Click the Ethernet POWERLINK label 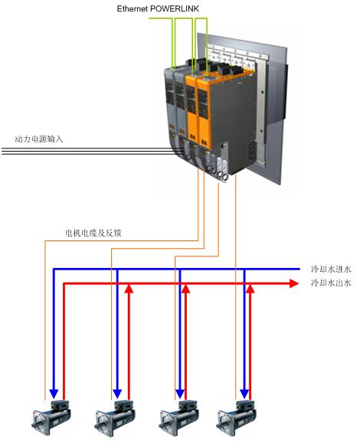pos(158,8)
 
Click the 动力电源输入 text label pos(38,139)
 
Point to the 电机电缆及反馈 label pos(93,233)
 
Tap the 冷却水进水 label pos(331,269)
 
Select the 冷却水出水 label pos(331,283)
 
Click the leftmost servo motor pos(51,417)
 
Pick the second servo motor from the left pos(115,418)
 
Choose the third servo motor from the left pos(179,418)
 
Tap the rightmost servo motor pos(237,418)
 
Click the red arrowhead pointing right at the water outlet pos(294,283)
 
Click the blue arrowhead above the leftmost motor pos(54,394)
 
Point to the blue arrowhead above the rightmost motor pos(244,394)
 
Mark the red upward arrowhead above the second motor pos(129,289)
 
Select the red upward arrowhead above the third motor pos(185,289)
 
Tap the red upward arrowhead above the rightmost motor pos(250,289)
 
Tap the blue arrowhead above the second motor pos(117,394)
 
